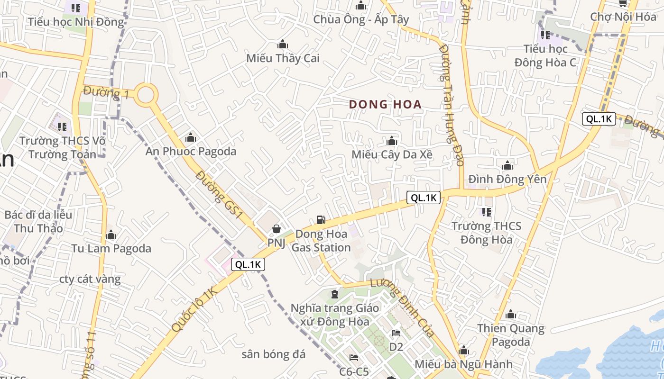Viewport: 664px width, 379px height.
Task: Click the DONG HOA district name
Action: pyautogui.click(x=385, y=105)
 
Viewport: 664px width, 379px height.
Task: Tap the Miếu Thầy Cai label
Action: pyautogui.click(x=283, y=58)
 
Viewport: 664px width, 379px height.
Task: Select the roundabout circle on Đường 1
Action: pyautogui.click(x=146, y=94)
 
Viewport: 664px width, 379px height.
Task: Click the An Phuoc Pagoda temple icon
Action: pyautogui.click(x=191, y=138)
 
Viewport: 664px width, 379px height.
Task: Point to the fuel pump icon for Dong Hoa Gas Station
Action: pyautogui.click(x=321, y=220)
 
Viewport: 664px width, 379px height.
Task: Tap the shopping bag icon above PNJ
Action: pyautogui.click(x=276, y=229)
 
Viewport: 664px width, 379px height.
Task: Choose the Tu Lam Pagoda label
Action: pyautogui.click(x=111, y=248)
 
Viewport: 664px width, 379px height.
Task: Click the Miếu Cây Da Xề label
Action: pyautogui.click(x=392, y=154)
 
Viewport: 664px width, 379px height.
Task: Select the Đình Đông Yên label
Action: pyautogui.click(x=507, y=179)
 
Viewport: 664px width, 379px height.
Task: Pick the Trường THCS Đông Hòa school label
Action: pyautogui.click(x=486, y=233)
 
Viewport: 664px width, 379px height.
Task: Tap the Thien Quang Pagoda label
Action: pyautogui.click(x=510, y=334)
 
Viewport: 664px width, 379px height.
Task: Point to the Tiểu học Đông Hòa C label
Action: pyautogui.click(x=545, y=55)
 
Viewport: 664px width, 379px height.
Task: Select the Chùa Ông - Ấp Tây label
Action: pyautogui.click(x=361, y=19)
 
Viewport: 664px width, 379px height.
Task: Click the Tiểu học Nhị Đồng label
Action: pyautogui.click(x=75, y=22)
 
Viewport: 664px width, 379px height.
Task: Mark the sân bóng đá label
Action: pyautogui.click(x=273, y=354)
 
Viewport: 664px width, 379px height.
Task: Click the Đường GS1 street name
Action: pyautogui.click(x=220, y=195)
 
